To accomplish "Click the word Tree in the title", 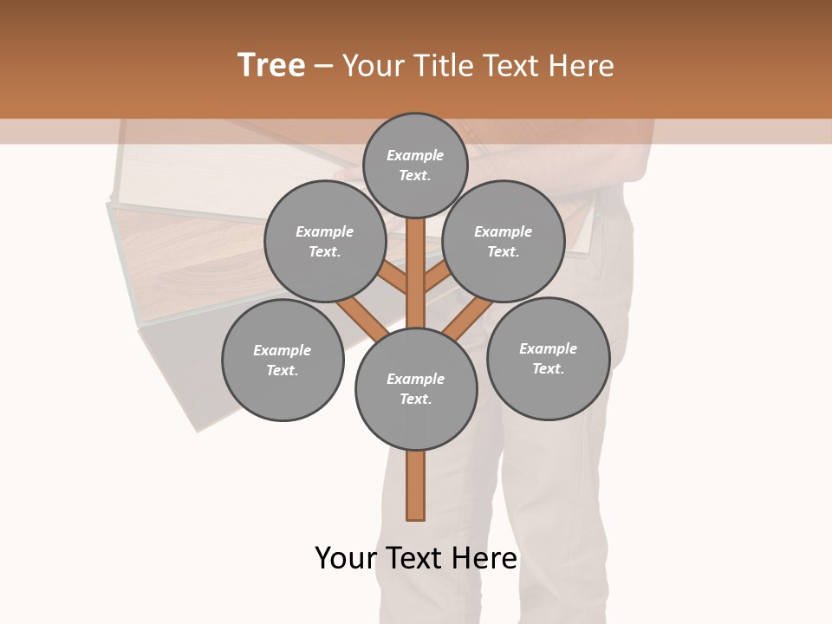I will pos(271,66).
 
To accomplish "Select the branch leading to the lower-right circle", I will pos(466,319).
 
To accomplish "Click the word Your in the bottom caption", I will pos(346,558).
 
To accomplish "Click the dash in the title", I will pos(323,67).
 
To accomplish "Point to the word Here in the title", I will pos(581,66).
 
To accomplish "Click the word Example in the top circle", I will pos(415,155).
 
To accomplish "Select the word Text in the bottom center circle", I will pos(415,400).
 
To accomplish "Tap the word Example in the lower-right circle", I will pos(548,348).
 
